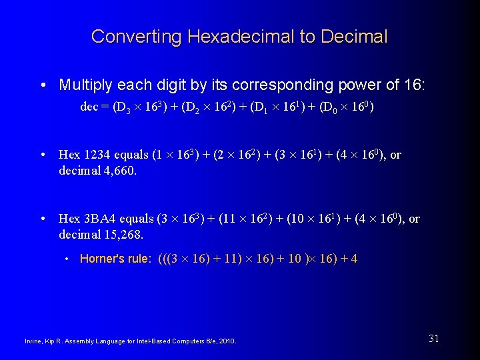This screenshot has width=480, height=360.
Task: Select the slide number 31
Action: pyautogui.click(x=434, y=339)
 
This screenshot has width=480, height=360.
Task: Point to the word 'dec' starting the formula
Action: pyautogui.click(x=89, y=107)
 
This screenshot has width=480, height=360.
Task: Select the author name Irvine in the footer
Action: pyautogui.click(x=34, y=342)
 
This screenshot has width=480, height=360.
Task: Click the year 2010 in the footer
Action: pyautogui.click(x=228, y=342)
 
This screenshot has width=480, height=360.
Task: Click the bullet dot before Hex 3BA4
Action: pyautogui.click(x=44, y=219)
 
